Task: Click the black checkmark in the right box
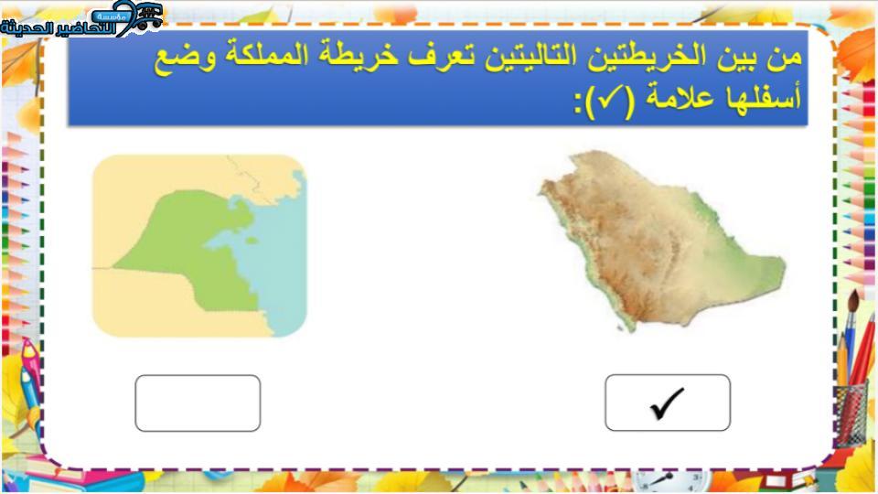point(668,403)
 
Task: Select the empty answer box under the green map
point(198,403)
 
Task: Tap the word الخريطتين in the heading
point(640,57)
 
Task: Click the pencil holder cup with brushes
point(851,414)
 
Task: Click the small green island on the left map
point(252,241)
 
